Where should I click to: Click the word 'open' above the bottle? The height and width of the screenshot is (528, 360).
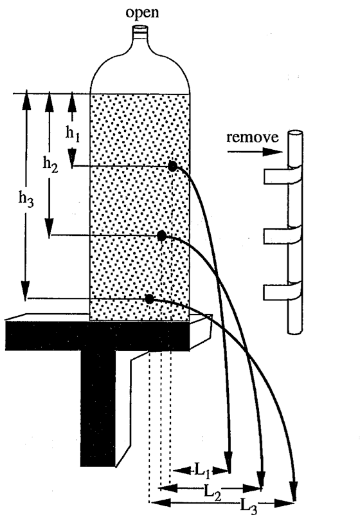pos(142,14)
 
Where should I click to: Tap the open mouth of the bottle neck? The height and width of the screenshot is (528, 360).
pos(140,28)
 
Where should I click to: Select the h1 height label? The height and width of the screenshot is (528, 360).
pos(73,134)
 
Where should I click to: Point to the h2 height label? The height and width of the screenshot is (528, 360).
pos(50,165)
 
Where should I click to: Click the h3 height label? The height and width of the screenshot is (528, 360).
pos(26,199)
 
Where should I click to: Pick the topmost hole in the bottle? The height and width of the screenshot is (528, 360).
pos(172,166)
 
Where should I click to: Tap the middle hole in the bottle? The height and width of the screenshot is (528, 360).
pos(162,236)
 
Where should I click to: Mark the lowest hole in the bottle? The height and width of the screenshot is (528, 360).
pos(150,298)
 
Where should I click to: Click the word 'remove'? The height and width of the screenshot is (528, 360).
pos(253,138)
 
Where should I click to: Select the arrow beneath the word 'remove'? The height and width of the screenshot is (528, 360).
pos(255,152)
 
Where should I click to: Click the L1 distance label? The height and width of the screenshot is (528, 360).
pos(203,470)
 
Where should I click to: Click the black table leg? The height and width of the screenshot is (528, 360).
pos(98,408)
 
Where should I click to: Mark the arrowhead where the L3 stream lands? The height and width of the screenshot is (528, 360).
pos(294,492)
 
